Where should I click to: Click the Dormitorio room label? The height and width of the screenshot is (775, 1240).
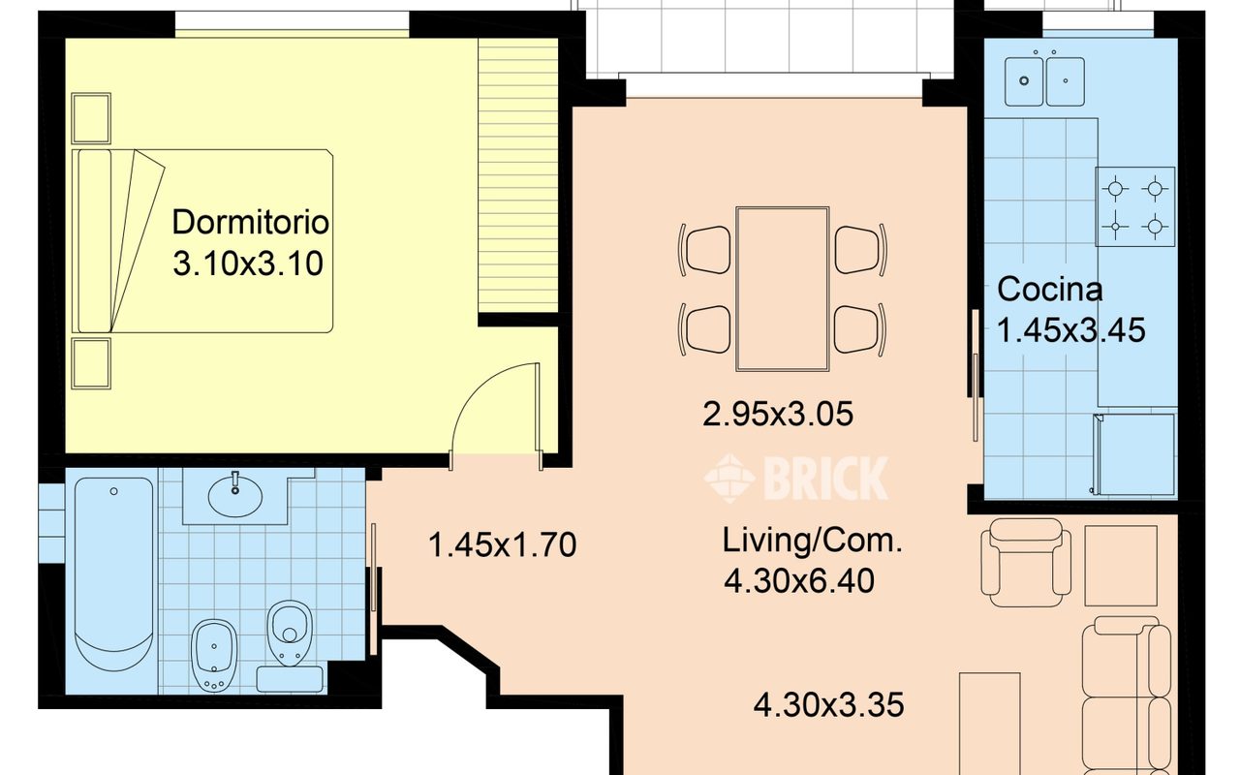[250, 222]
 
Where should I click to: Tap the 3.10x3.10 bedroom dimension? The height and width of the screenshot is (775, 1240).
[248, 263]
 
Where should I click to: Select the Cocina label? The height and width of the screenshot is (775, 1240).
[1049, 289]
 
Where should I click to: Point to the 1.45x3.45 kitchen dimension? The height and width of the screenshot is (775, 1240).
[1071, 330]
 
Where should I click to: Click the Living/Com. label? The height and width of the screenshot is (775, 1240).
[813, 541]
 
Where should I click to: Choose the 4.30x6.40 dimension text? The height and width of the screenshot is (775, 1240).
[799, 581]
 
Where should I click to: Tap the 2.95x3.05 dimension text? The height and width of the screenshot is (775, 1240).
[778, 414]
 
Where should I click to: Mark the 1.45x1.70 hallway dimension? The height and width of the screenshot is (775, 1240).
[502, 544]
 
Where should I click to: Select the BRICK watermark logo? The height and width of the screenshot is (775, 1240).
[796, 479]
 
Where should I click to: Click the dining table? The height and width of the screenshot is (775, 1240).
[782, 289]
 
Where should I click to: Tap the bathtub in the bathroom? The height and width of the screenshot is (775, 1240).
[113, 574]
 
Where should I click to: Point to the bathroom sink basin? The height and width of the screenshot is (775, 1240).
[235, 497]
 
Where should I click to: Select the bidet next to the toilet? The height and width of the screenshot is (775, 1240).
[214, 655]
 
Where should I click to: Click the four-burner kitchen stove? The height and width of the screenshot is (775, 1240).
[1134, 206]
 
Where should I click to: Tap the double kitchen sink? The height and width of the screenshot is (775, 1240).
[1044, 81]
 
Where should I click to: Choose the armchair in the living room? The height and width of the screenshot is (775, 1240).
[1025, 563]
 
